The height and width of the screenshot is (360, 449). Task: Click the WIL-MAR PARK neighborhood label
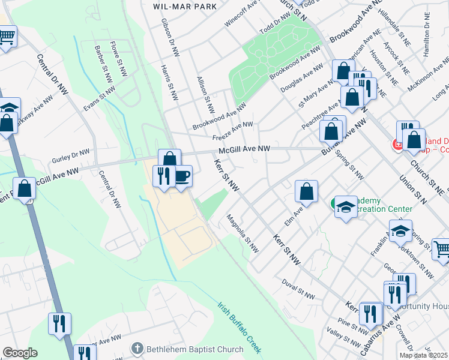pyautogui.click(x=176, y=5)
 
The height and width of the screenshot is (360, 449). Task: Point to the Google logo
pyautogui.click(x=20, y=353)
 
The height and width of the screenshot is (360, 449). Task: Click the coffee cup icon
pyautogui.click(x=182, y=176)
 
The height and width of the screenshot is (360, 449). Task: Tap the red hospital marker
pyautogui.click(x=397, y=144)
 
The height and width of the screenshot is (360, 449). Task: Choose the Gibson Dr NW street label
pyautogui.click(x=170, y=37)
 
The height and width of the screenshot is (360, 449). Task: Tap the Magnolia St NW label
pyautogui.click(x=243, y=233)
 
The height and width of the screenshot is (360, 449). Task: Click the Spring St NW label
pyautogui.click(x=351, y=166)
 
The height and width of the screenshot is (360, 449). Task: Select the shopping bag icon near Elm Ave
pyautogui.click(x=306, y=193)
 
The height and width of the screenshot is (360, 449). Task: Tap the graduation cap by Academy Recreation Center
pyautogui.click(x=345, y=207)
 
